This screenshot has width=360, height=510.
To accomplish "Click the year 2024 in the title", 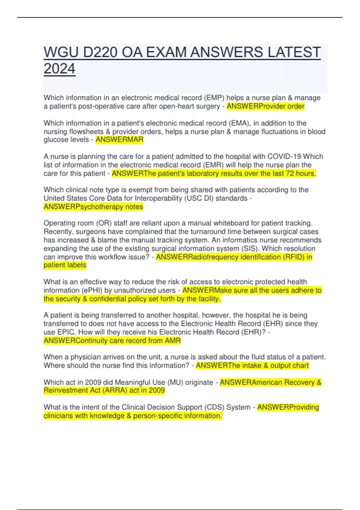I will click(x=59, y=69).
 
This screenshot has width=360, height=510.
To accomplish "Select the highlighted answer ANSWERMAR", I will click(x=119, y=140).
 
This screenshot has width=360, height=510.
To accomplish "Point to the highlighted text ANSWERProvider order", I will click(x=265, y=106).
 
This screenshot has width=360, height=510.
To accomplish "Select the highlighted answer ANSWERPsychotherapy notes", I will click(x=93, y=207).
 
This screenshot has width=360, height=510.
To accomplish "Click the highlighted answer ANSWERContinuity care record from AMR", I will click(x=112, y=341).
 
